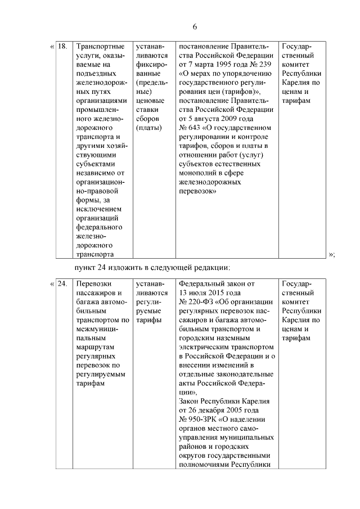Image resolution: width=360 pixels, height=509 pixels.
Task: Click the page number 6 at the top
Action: click(194, 27)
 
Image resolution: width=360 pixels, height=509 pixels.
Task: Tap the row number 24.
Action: click(62, 284)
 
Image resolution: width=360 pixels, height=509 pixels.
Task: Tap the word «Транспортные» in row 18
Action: click(100, 46)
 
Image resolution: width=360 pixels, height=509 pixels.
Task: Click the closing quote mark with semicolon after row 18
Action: click(331, 254)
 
